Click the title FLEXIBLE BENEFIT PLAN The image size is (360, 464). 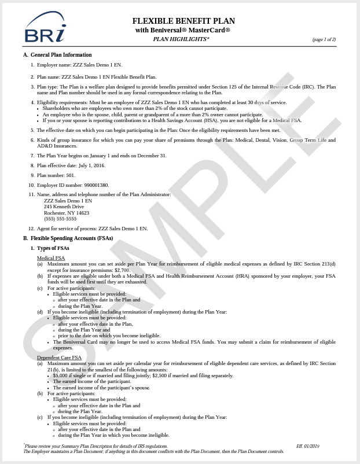tap(183, 21)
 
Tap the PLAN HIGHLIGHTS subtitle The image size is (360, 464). tap(181, 39)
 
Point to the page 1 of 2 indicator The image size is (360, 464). tap(324, 39)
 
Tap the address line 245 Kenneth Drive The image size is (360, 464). tap(64, 207)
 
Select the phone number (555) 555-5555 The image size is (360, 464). tap(60, 219)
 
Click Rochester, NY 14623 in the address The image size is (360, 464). tap(67, 213)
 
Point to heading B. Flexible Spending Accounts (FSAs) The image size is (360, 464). tap(68, 238)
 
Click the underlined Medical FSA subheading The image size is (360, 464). tap(51, 258)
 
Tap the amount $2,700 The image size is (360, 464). tap(122, 270)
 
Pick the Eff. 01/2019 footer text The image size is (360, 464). tap(308, 446)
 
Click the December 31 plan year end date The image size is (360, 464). tap(151, 156)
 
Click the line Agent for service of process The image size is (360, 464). tap(92, 229)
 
